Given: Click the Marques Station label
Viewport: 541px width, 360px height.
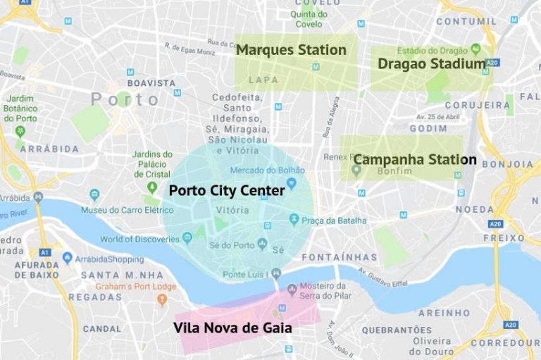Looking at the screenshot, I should [x=291, y=50].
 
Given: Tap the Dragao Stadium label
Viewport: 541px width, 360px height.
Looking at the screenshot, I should [x=431, y=64].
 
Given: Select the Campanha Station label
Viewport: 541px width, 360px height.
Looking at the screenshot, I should [x=414, y=159].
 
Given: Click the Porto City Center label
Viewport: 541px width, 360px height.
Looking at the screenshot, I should [x=227, y=190].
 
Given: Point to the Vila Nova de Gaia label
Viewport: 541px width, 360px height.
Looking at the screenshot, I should [x=232, y=328].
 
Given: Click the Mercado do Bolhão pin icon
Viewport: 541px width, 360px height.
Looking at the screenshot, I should [x=290, y=183].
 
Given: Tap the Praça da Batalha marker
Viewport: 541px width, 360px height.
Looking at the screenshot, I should [x=294, y=221].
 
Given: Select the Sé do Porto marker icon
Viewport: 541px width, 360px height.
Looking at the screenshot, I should [x=262, y=244].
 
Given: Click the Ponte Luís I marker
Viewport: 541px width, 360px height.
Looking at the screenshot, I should [x=276, y=273].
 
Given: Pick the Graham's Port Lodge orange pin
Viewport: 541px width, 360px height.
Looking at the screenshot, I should [x=162, y=299].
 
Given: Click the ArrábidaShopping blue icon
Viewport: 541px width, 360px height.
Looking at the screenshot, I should [x=68, y=259].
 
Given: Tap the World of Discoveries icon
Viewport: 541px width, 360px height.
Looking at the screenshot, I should [x=187, y=237].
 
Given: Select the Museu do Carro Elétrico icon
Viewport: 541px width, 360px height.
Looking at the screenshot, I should [x=94, y=195].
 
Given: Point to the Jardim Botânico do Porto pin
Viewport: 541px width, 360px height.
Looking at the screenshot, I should [x=20, y=131].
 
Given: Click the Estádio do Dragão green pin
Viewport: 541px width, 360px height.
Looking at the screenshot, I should [x=476, y=49].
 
